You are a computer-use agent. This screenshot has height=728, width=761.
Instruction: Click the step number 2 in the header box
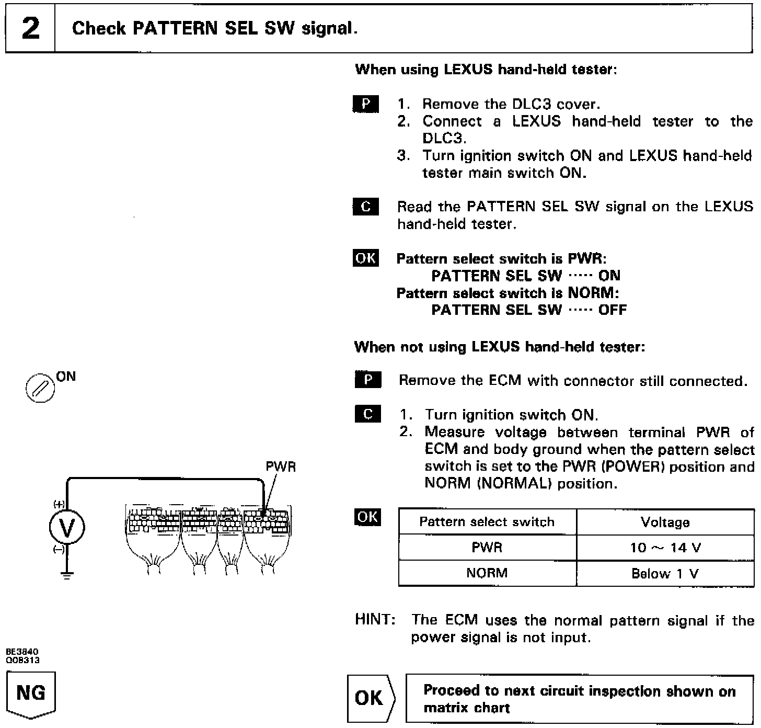tap(30, 28)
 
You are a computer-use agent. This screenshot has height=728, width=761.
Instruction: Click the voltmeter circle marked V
tap(67, 528)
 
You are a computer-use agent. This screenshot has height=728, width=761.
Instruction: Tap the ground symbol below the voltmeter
tap(67, 575)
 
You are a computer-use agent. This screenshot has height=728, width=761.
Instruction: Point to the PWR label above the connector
tap(281, 467)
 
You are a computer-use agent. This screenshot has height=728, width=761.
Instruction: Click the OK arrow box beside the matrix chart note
tap(371, 698)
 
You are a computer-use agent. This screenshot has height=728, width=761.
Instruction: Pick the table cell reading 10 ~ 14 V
tap(665, 548)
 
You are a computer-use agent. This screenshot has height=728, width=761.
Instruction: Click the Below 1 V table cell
tap(665, 574)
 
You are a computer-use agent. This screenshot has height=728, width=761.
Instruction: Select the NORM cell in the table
tap(487, 573)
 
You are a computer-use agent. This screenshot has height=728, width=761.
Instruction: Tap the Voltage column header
tap(665, 522)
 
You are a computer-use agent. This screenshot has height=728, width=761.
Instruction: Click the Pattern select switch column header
tap(487, 522)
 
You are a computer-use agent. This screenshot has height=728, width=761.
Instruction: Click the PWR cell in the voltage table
tap(487, 548)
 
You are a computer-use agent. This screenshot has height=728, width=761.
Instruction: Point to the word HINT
tap(374, 620)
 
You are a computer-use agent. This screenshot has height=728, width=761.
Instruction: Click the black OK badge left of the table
tap(367, 517)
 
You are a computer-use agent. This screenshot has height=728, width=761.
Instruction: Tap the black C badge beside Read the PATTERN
tap(366, 207)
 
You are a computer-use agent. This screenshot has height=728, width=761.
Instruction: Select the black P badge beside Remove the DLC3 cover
tap(366, 104)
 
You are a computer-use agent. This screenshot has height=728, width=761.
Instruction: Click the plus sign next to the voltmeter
tap(59, 505)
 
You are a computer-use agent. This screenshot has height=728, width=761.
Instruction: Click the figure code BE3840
tap(22, 652)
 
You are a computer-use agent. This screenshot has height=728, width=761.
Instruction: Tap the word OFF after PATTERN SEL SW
tap(612, 310)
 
